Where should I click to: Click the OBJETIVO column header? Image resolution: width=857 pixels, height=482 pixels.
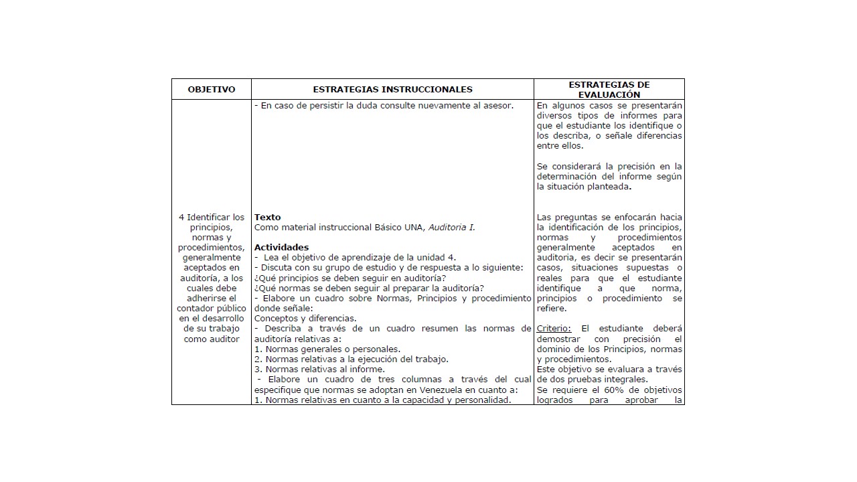pos(211,89)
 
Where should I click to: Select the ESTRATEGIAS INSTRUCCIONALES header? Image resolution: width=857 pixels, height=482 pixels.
pos(392,89)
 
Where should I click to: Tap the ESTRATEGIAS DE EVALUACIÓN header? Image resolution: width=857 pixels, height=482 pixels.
pos(609,90)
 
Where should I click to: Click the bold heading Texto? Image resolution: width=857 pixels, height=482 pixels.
pos(268,217)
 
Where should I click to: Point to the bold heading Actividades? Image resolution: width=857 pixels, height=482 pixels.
pos(281,247)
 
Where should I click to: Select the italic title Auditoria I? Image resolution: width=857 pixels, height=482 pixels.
pos(452,227)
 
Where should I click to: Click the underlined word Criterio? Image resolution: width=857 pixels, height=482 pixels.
pos(554,329)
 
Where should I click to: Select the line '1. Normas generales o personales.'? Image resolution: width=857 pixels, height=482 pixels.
pos(327,349)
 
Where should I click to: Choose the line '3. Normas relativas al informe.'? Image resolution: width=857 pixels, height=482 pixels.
pos(319,369)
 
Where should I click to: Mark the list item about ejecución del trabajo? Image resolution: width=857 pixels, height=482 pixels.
pos(352,359)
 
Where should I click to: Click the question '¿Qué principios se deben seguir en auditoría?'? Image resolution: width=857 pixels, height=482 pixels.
pos(350,278)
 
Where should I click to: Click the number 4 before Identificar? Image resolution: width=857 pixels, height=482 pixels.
pos(181,217)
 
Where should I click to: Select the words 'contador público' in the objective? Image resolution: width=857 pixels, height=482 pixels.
pos(211,308)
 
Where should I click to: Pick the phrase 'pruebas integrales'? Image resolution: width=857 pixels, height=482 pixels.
pos(605,380)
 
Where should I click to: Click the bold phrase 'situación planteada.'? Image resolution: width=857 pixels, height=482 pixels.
pos(585,187)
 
